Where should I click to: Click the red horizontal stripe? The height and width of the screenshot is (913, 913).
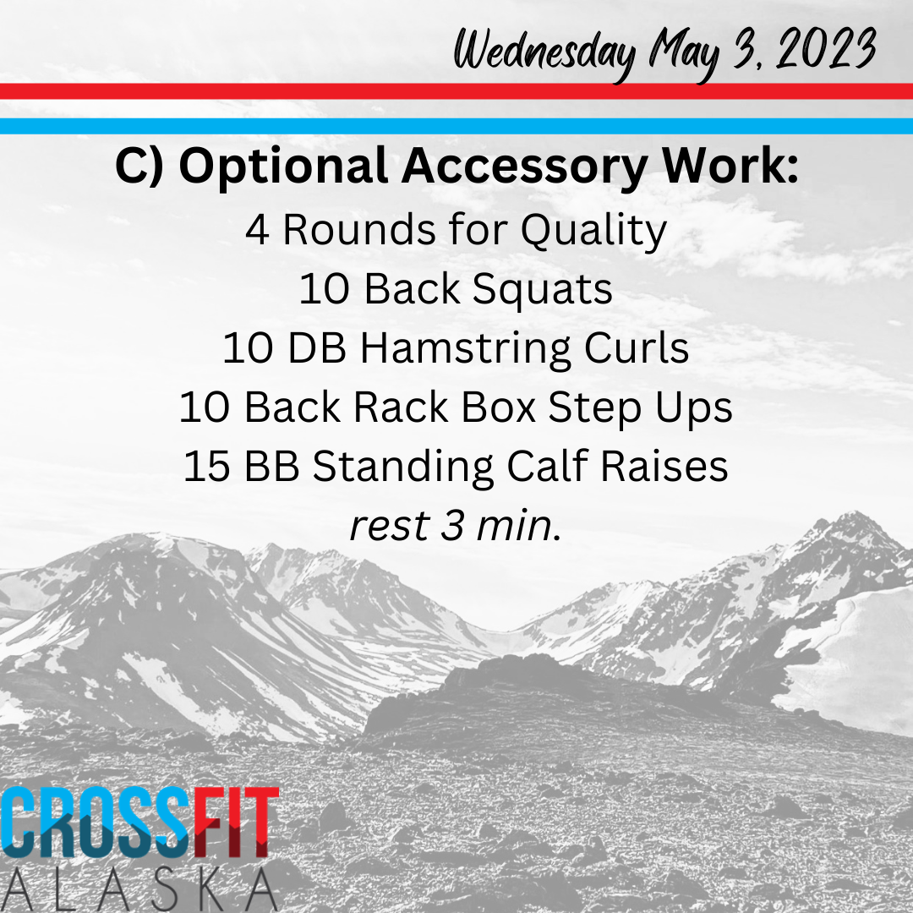pos(456,91)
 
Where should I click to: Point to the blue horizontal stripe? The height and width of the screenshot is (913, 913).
pos(456,126)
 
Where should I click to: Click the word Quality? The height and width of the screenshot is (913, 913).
pos(593,231)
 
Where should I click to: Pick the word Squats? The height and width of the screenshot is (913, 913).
pos(542,289)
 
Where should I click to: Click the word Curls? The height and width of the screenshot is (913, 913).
pos(637,348)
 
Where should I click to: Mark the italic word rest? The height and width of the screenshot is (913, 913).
pos(390,526)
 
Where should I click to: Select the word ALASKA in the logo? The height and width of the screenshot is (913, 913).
pos(139,889)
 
